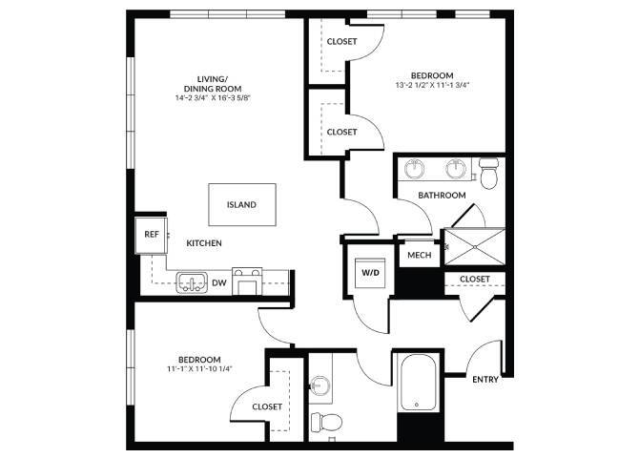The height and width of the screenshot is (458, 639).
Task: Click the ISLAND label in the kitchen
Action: coord(241,204)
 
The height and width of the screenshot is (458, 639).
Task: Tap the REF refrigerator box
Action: coord(152,234)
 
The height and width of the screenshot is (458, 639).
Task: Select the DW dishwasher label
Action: coord(218,282)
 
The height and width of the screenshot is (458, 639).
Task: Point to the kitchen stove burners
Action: coord(247,281)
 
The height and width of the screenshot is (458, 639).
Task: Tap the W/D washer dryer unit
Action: coord(369,272)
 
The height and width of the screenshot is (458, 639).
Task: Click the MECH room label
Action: coord(420,255)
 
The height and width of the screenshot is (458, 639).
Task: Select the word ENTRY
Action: coord(485,379)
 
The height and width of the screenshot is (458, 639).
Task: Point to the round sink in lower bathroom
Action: coord(319,386)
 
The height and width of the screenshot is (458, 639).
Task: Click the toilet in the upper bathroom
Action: coord(489,173)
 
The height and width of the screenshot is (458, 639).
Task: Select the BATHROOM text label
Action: coord(442,196)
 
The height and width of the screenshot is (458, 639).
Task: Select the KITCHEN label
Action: coord(204,243)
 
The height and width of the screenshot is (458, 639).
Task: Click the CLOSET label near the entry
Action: coord(474,279)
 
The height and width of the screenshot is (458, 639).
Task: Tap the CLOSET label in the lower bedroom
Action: coord(267,406)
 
